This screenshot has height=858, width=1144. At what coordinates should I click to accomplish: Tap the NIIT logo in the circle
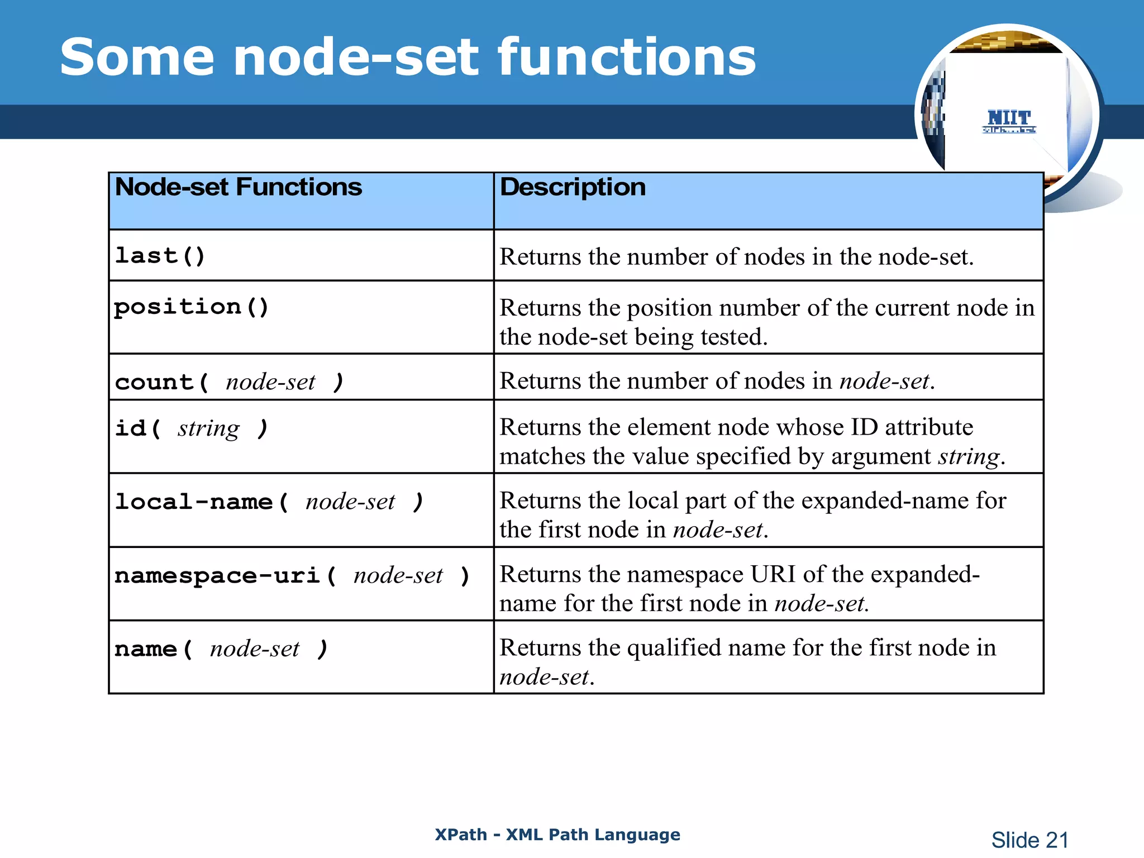(x=1009, y=121)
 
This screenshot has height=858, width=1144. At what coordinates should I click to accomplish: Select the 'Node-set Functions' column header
(x=239, y=188)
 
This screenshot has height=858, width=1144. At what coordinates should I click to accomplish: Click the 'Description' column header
(x=573, y=188)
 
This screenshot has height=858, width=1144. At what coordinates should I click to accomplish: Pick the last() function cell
(x=160, y=256)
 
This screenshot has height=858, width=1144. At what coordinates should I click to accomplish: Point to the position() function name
(x=192, y=307)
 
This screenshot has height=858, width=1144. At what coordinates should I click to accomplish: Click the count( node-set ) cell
(x=229, y=383)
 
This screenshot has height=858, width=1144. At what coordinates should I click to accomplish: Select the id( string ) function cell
(x=192, y=429)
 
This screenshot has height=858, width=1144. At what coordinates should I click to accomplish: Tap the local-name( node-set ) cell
(x=269, y=502)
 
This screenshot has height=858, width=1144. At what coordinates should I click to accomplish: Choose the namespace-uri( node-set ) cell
(x=292, y=576)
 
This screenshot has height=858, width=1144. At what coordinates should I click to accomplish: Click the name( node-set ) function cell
(x=221, y=650)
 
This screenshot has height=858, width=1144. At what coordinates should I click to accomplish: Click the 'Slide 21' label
(x=1029, y=840)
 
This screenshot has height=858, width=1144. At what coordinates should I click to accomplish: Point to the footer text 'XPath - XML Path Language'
(x=557, y=835)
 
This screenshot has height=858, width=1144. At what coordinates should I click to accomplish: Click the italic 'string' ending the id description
(x=968, y=457)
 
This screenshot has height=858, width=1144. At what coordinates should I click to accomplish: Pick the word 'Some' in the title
(x=137, y=58)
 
